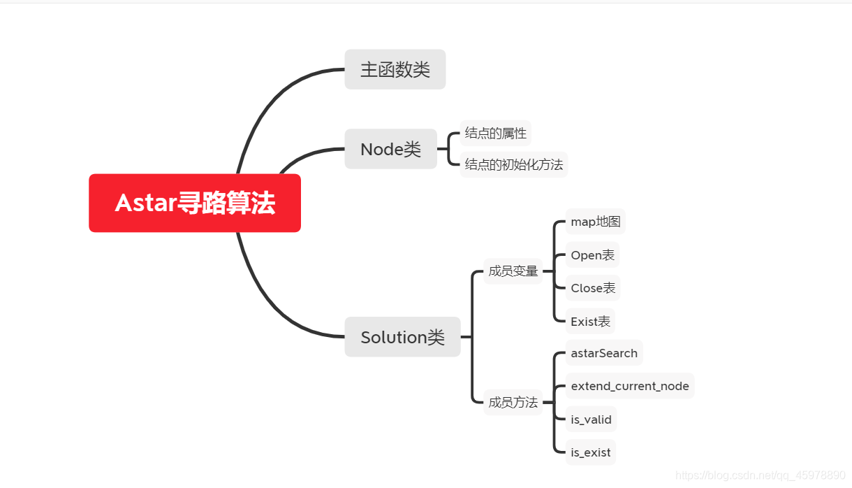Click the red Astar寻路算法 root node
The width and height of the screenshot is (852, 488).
click(195, 203)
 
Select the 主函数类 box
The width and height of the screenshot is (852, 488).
click(395, 69)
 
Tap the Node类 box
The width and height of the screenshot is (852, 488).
click(390, 149)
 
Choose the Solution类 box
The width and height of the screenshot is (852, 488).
click(402, 337)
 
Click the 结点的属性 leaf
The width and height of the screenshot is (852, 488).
click(496, 133)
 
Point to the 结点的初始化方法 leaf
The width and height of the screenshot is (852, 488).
click(513, 165)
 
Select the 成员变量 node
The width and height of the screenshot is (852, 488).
click(513, 271)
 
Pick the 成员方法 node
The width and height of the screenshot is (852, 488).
click(513, 402)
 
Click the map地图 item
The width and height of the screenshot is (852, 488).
click(595, 222)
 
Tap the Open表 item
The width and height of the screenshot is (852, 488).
click(592, 255)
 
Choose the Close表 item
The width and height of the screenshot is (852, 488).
click(593, 288)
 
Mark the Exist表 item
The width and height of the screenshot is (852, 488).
click(590, 322)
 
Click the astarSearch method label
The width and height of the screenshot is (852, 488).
click(604, 353)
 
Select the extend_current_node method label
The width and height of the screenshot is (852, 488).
click(629, 386)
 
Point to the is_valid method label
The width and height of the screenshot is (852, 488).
click(591, 419)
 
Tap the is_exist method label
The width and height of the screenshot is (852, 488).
click(590, 452)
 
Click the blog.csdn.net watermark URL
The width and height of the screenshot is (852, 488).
click(761, 475)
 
